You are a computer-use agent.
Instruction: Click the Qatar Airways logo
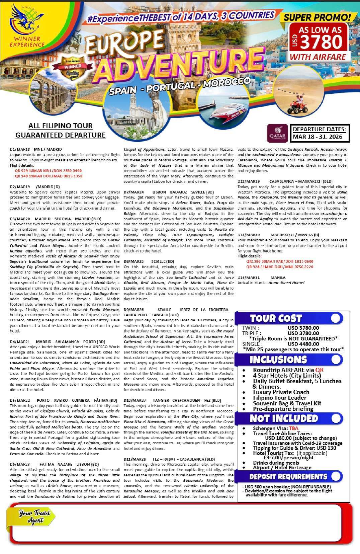277,133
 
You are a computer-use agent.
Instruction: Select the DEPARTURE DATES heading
319,129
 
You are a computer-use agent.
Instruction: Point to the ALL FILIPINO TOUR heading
60,126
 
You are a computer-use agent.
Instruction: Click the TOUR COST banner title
276,318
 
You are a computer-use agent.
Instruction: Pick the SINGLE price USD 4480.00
303,344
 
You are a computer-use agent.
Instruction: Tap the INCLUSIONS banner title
278,360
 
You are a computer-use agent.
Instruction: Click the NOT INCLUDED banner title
283,418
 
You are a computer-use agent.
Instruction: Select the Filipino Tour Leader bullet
279,398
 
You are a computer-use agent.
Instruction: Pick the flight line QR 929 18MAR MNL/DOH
48,171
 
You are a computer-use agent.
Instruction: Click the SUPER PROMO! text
318,17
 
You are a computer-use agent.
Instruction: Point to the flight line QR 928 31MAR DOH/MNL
280,267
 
